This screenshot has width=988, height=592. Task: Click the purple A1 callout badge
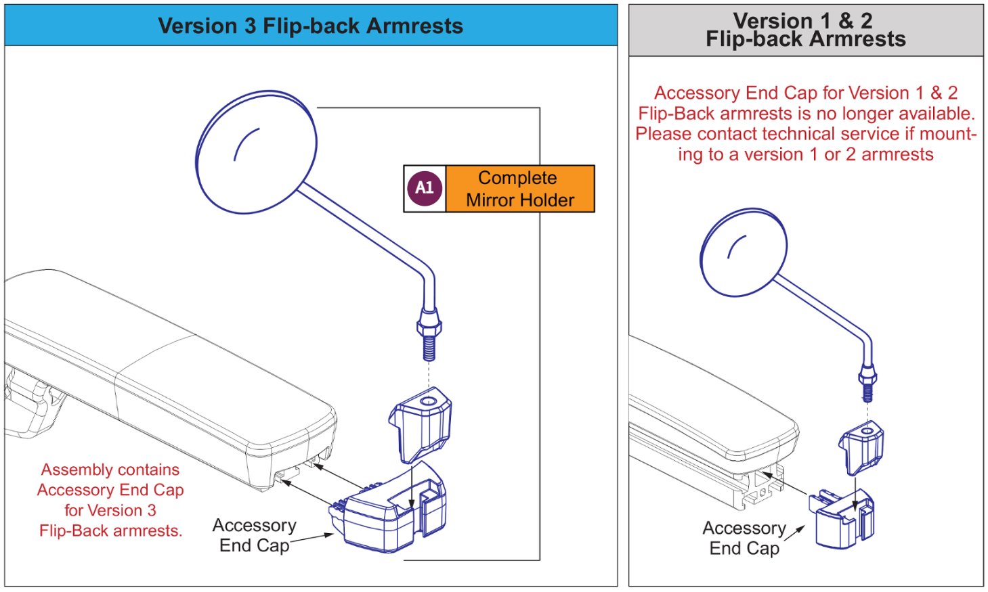425,188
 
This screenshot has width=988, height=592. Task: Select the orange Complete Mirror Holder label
519,189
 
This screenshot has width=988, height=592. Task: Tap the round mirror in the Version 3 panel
257,152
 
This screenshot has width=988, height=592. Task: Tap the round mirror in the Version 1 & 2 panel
744,252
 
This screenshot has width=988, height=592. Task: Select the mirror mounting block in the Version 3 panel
421,424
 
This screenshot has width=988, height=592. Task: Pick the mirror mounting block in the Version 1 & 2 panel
861,446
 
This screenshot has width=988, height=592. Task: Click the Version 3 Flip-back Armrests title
310,26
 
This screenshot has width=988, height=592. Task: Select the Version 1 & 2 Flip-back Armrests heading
805,30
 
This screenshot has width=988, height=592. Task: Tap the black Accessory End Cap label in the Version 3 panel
255,535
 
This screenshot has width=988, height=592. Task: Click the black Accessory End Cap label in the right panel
744,538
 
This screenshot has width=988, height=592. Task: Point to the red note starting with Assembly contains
110,500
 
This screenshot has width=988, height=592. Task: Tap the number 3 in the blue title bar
250,26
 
